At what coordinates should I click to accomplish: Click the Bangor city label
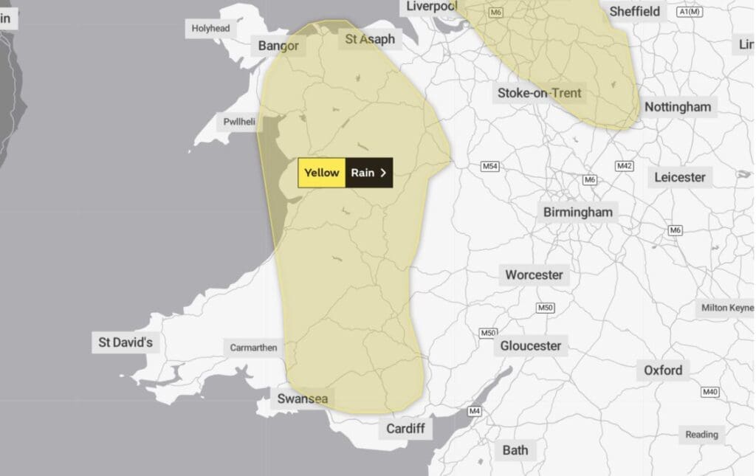point(278,46)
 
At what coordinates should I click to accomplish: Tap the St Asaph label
point(370,39)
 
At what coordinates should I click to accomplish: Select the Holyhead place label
point(210,28)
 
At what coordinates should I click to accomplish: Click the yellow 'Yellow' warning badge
point(322,173)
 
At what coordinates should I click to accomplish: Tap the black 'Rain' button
point(368,173)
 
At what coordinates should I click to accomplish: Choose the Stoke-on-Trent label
point(539,93)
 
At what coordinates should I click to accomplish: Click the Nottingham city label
point(677,107)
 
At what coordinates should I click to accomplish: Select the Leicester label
point(679,177)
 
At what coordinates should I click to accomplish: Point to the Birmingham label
point(577,213)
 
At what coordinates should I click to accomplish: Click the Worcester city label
point(534,275)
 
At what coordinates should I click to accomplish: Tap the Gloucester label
point(530,345)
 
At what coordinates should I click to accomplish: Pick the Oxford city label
point(662,370)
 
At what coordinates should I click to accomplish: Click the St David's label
point(126,342)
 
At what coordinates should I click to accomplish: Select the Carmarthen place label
point(253,348)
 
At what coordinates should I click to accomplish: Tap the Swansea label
point(302,399)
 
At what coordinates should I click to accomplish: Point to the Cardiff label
point(405,428)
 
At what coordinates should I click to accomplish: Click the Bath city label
point(515,449)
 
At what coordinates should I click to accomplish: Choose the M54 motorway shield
point(490,166)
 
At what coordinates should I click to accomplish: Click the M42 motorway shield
point(625,166)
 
